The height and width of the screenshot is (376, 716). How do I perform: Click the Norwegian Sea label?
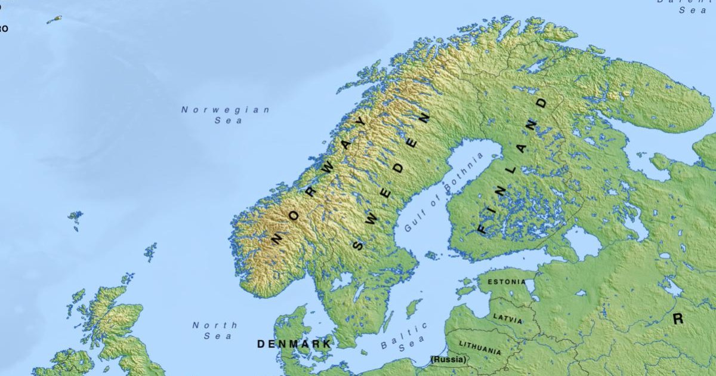click(x=226, y=115)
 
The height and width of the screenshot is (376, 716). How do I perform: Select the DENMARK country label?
click(x=294, y=344)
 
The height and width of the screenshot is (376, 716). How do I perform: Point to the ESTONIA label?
click(x=507, y=281)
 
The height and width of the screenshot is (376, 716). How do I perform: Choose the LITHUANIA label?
click(x=480, y=347)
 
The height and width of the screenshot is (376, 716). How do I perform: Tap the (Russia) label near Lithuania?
click(x=449, y=359)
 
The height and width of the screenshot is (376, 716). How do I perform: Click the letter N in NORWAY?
click(x=276, y=238)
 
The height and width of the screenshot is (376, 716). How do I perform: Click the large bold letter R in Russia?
click(x=678, y=319)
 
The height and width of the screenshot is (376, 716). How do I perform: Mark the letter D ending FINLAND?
click(x=542, y=103)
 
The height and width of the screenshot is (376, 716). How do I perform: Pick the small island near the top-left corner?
click(x=54, y=20)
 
